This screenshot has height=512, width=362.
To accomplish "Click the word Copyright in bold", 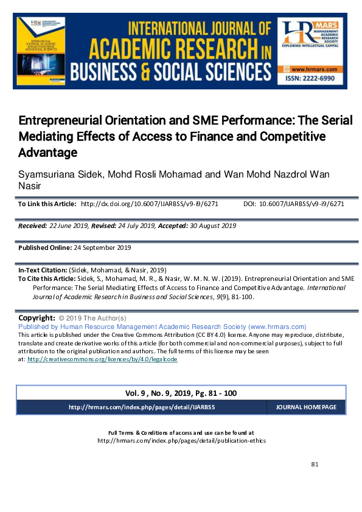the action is point(37,318).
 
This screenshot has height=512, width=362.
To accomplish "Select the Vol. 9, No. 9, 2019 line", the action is point(181,393).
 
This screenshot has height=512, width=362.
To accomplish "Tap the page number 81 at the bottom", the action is point(315,465).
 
